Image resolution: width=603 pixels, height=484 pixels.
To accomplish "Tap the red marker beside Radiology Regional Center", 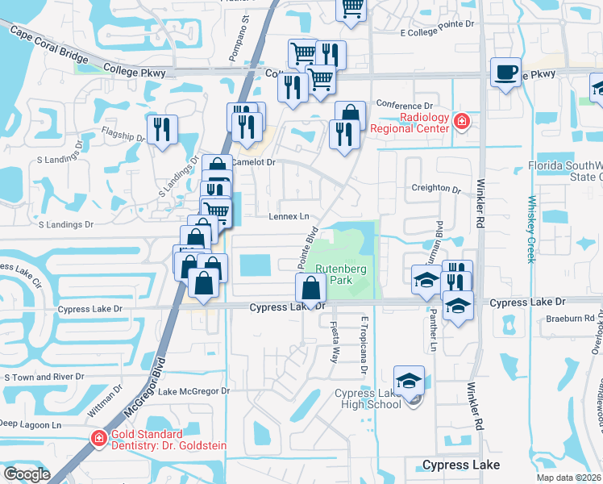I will (462, 123).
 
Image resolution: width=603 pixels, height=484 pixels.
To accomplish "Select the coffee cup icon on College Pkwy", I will (505, 73).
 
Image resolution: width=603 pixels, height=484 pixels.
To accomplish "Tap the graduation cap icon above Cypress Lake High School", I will (410, 381).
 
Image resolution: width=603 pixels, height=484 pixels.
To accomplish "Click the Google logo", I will (27, 474).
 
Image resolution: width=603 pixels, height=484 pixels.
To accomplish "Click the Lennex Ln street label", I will (289, 216).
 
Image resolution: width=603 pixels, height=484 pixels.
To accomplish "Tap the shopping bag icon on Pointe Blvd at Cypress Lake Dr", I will (311, 289).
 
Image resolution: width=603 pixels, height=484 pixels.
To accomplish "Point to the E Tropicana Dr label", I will (364, 344).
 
